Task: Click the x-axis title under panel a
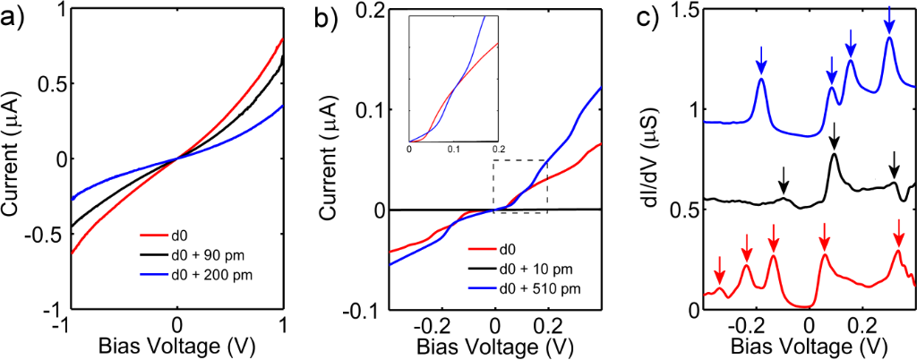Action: point(177,346)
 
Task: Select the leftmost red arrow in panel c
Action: point(718,270)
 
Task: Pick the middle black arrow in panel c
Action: point(835,136)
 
